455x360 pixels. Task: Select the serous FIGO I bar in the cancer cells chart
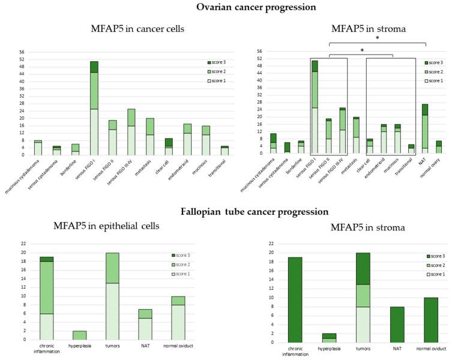click(x=94, y=108)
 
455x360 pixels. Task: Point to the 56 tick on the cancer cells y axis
click(x=22, y=52)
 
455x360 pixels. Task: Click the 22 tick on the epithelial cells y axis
click(x=24, y=244)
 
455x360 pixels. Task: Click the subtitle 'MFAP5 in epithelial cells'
click(x=83, y=225)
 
